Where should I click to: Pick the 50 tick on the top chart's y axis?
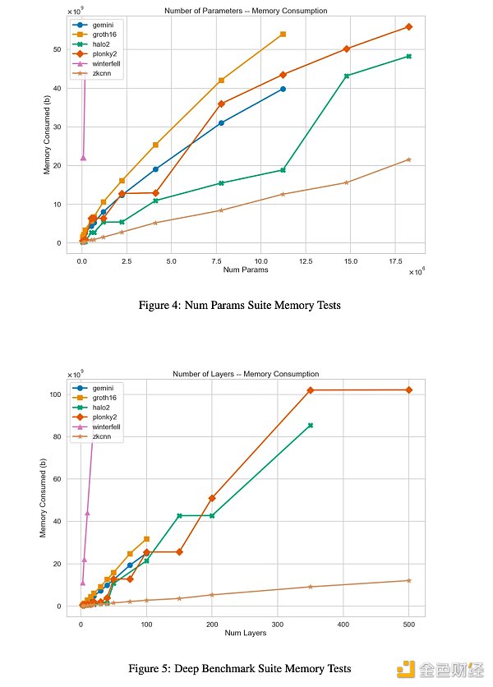click(x=58, y=49)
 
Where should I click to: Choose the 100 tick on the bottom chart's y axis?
click(x=55, y=394)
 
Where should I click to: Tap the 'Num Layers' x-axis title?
click(x=246, y=633)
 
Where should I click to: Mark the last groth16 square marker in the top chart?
click(x=283, y=34)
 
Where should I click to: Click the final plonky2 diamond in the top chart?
click(x=408, y=27)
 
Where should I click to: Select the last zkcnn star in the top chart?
click(x=408, y=159)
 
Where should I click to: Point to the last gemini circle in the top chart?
click(x=283, y=89)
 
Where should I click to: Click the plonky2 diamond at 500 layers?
click(x=408, y=390)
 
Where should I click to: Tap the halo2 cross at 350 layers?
click(x=311, y=425)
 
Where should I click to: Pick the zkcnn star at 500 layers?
click(x=408, y=580)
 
